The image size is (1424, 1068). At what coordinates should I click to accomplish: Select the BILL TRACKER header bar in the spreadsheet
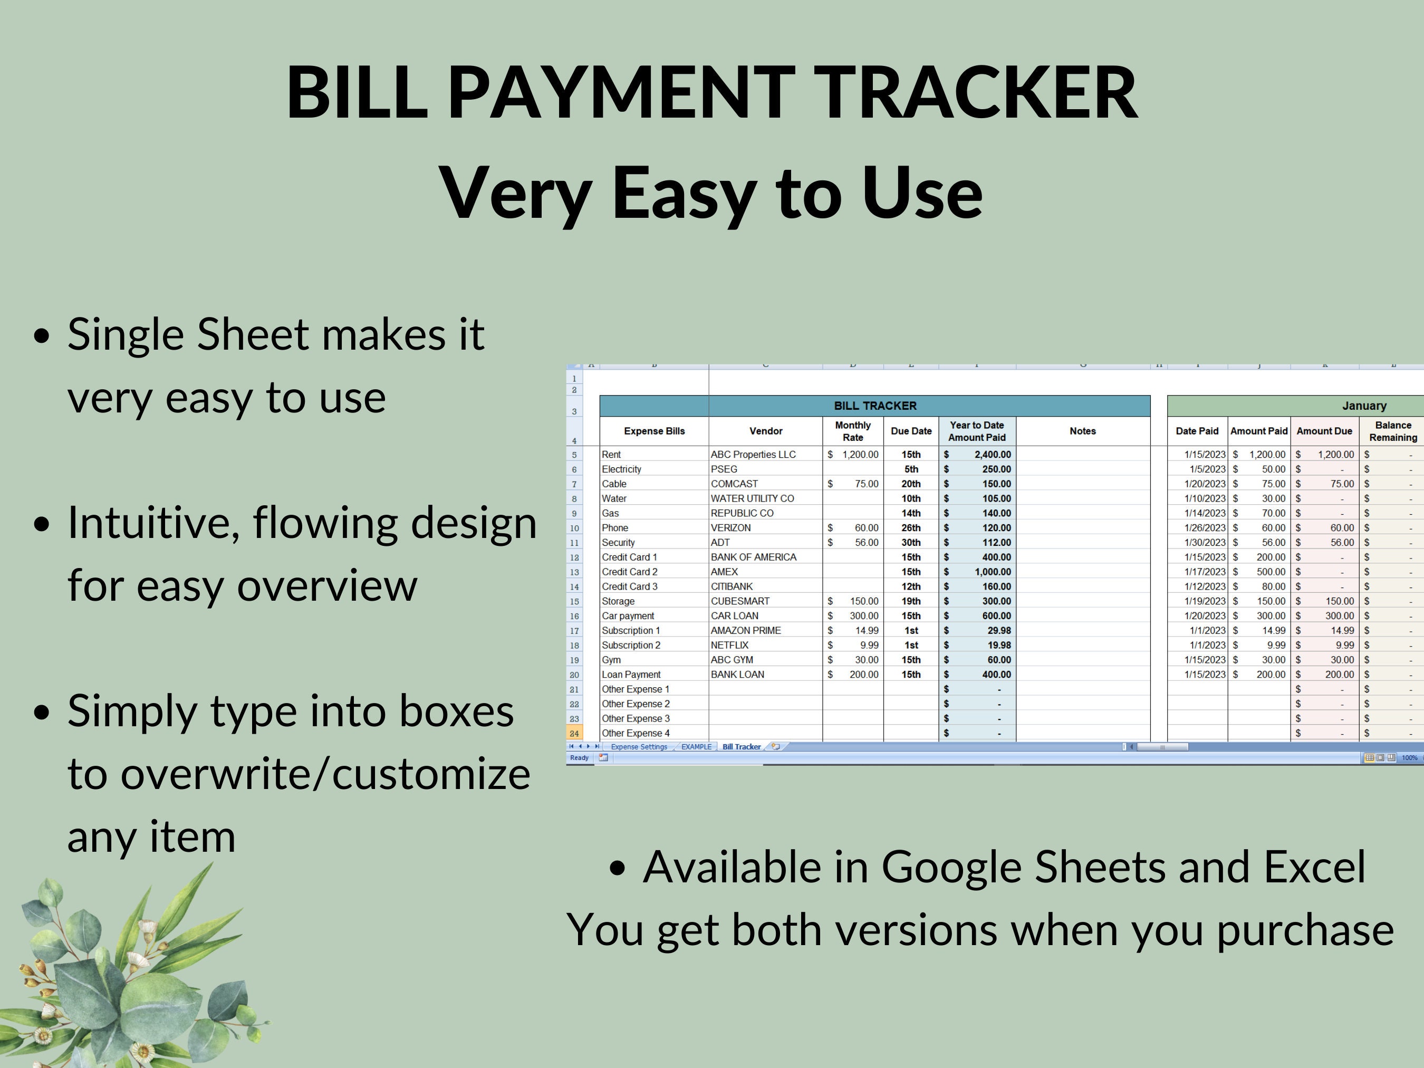coord(874,406)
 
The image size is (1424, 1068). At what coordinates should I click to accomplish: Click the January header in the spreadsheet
coord(1363,406)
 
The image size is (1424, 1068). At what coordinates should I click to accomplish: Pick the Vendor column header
coord(765,431)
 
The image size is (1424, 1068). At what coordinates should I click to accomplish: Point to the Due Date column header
coord(911,431)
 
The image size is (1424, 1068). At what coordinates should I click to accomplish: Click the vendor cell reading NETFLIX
coord(729,645)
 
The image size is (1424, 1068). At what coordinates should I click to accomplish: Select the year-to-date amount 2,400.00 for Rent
coord(992,455)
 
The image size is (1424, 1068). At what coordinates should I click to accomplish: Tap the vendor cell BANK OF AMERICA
coord(753,557)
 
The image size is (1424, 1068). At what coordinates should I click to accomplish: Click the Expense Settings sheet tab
coord(639,747)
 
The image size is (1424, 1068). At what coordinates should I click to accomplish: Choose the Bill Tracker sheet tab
coord(741,747)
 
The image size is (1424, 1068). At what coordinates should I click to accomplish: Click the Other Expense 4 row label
coord(636,733)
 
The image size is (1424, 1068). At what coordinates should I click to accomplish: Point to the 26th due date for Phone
coord(911,528)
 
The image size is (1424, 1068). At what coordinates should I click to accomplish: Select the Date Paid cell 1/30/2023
coord(1205,543)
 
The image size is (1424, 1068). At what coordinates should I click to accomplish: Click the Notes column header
coord(1082,431)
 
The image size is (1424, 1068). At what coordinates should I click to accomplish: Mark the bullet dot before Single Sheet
coord(42,336)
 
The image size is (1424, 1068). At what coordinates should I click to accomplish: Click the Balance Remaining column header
coord(1392,431)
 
